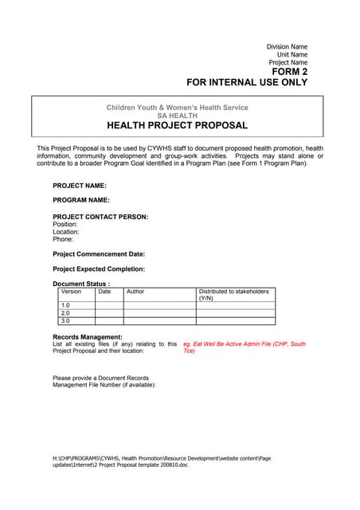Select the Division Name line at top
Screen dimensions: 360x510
(287, 47)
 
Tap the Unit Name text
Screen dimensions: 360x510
(292, 54)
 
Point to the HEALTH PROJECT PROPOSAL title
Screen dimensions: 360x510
(177, 125)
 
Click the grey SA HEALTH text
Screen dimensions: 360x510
(177, 116)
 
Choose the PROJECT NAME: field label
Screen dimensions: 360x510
(80, 185)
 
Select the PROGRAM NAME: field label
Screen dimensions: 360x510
(81, 200)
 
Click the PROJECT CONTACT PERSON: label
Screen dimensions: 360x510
(100, 217)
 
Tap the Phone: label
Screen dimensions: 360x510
(63, 239)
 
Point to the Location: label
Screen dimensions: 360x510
(66, 232)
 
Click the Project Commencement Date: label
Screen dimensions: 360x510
(99, 254)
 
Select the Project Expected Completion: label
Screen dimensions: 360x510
(99, 269)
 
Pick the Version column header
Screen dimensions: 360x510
(71, 292)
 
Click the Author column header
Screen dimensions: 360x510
(135, 292)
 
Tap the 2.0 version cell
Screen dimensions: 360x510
(66, 313)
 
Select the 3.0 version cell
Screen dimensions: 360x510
(66, 321)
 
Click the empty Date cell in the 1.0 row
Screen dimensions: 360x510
(108, 305)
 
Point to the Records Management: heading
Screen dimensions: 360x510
(88, 337)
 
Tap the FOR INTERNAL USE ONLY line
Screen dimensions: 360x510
(247, 82)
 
